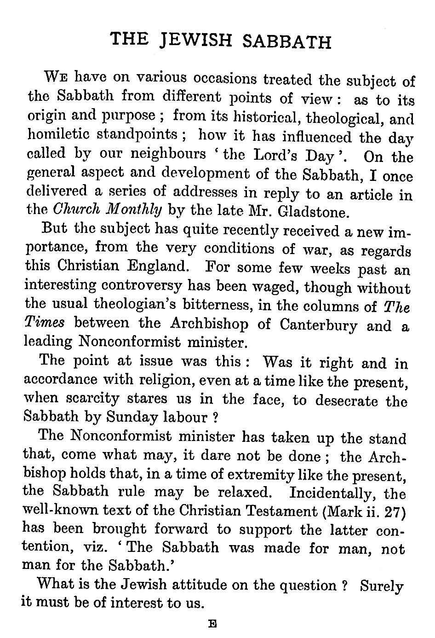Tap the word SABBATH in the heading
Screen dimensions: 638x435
(286, 42)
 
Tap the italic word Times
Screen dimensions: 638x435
(44, 322)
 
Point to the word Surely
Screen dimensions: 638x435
(382, 586)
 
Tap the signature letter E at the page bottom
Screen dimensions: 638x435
(212, 625)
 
